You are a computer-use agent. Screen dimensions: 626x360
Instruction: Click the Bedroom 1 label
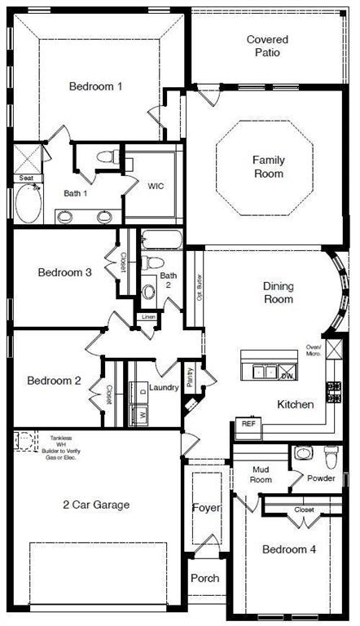pyautogui.click(x=95, y=86)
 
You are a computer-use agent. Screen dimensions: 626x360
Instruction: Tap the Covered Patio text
pyautogui.click(x=268, y=46)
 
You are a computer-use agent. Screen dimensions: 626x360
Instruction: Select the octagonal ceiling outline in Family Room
pyautogui.click(x=267, y=168)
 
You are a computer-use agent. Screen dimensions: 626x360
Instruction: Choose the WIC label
pyautogui.click(x=156, y=186)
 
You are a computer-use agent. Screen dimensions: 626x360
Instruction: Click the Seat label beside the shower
pyautogui.click(x=26, y=179)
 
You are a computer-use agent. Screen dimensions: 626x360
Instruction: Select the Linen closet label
pyautogui.click(x=148, y=316)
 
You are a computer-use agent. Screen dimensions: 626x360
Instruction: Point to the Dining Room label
pyautogui.click(x=278, y=293)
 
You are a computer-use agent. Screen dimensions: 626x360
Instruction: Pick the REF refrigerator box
pyautogui.click(x=246, y=424)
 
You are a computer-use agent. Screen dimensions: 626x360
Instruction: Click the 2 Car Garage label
pyautogui.click(x=95, y=505)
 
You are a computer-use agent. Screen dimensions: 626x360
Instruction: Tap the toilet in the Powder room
pyautogui.click(x=331, y=454)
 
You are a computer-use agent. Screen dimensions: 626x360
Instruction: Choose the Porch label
pyautogui.click(x=204, y=578)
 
